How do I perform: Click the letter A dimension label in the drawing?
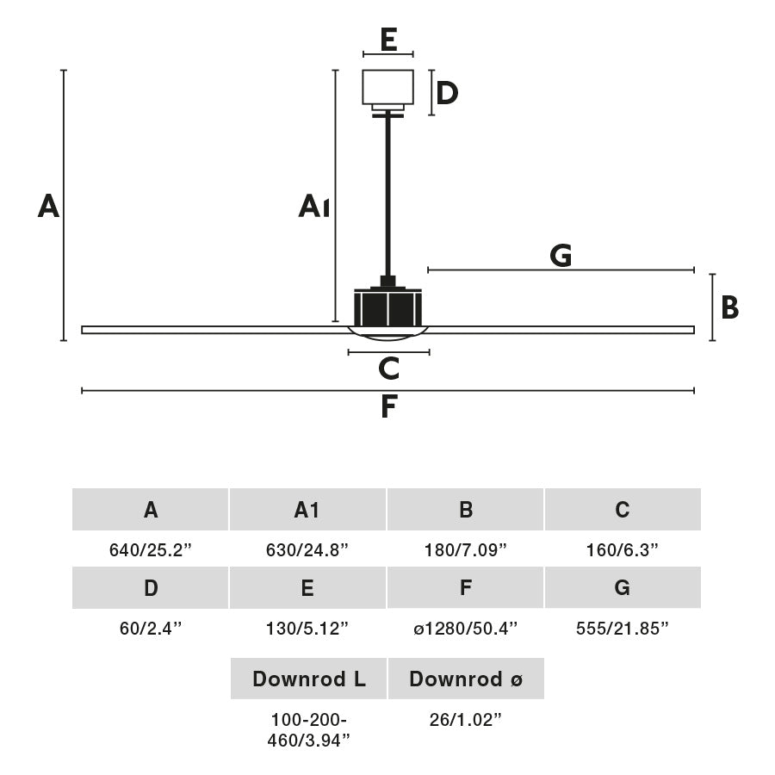[48, 207]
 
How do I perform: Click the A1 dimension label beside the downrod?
[313, 207]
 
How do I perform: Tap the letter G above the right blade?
[561, 256]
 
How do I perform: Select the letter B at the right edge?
[729, 307]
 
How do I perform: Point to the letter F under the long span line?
[388, 406]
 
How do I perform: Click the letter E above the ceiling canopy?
[388, 40]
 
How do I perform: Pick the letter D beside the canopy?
[446, 93]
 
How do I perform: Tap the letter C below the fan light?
[388, 369]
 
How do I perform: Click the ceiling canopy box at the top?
[388, 87]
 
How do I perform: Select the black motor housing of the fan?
[387, 307]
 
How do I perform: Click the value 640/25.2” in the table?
[151, 550]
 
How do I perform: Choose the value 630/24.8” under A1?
[307, 550]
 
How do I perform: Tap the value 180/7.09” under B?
[465, 550]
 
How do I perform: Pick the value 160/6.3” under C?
[622, 550]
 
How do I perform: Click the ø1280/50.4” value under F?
[465, 629]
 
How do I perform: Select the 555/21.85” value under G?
[622, 629]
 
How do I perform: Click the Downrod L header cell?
[308, 679]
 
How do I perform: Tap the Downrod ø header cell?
[466, 679]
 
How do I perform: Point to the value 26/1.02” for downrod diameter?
[466, 720]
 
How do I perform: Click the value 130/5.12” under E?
[307, 629]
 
